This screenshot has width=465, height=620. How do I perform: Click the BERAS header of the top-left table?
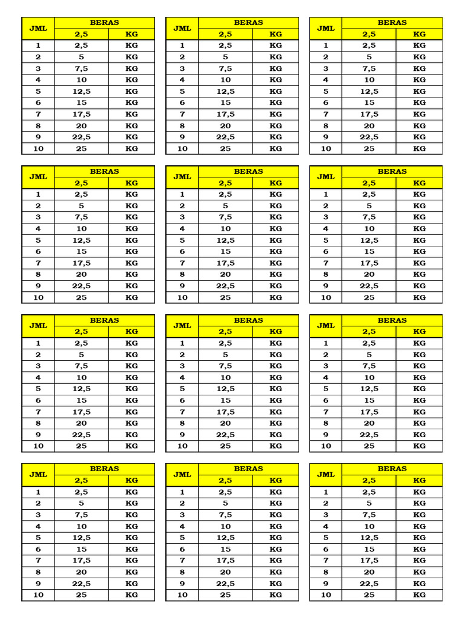point(104,22)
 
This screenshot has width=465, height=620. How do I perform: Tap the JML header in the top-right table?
point(326,28)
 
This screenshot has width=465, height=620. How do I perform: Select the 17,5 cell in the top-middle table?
point(225,114)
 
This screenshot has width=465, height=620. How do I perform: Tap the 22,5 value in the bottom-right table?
point(369,583)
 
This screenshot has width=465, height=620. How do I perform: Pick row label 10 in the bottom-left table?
point(38,595)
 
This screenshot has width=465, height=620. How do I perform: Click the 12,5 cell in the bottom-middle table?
point(225,537)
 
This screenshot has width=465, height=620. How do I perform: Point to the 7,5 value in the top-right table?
point(369,68)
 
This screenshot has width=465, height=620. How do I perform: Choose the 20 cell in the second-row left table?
point(82,274)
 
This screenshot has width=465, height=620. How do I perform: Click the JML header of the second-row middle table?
point(182,177)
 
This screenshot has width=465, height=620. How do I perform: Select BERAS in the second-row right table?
point(392,171)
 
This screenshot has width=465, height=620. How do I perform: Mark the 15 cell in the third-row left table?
point(82,400)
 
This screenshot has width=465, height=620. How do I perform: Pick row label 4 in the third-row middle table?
point(182,377)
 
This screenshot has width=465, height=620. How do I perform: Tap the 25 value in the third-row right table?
point(369,446)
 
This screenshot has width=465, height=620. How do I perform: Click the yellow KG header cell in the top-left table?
point(131,34)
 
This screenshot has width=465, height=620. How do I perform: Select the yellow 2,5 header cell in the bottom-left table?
point(82,480)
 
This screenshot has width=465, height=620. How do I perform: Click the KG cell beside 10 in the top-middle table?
point(275,80)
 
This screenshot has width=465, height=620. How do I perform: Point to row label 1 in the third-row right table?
point(326,343)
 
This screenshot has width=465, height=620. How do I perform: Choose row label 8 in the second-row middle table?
point(182,274)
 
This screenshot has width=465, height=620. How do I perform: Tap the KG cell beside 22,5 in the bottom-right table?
point(420,583)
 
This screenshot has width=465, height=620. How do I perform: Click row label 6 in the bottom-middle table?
point(182,549)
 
